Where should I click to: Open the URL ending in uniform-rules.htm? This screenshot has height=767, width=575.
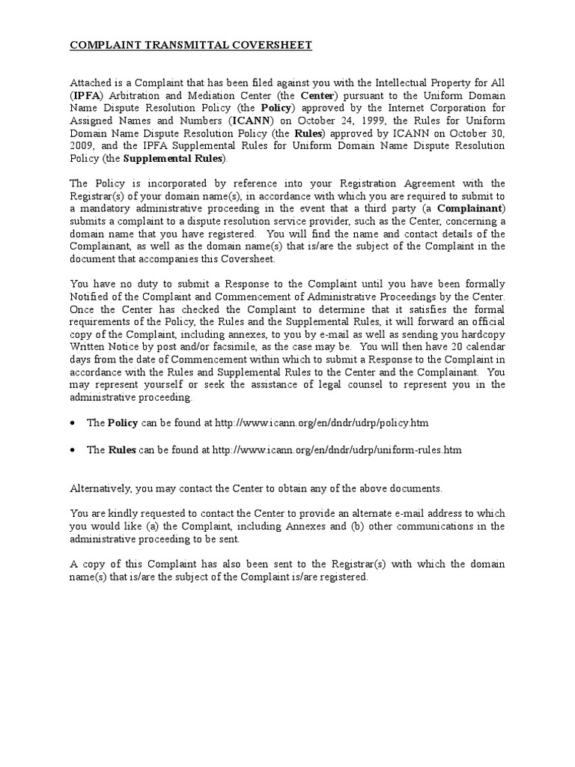[x=337, y=449]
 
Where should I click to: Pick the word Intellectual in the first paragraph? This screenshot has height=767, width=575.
[x=387, y=83]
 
